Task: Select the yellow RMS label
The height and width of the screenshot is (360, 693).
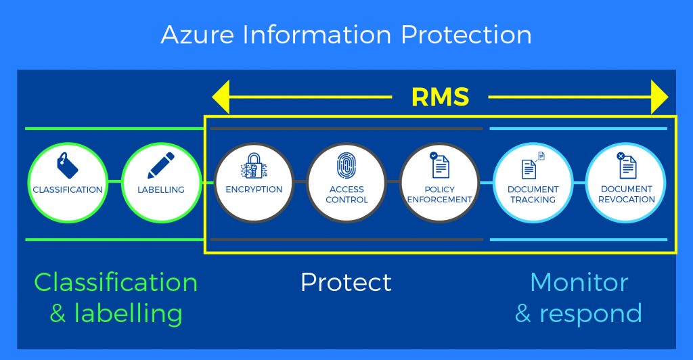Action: tap(440, 97)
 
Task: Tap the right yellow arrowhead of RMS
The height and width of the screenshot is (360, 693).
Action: tap(658, 97)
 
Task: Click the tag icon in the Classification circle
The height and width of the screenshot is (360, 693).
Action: tap(67, 164)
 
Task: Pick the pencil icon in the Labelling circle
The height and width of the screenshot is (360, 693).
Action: tap(161, 164)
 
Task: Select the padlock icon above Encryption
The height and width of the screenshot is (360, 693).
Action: tap(253, 165)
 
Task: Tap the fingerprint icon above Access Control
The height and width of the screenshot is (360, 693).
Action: tap(346, 165)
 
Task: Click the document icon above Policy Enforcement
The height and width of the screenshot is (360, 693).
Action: tap(439, 164)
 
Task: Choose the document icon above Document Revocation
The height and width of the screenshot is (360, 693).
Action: tap(626, 165)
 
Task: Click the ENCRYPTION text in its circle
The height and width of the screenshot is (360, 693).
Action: tap(254, 189)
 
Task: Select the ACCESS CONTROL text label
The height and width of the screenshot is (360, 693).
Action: tap(346, 194)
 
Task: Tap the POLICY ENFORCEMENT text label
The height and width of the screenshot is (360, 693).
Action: tap(440, 194)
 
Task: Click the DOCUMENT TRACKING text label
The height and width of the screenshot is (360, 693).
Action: tap(533, 194)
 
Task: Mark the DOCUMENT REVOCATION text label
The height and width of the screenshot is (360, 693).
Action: tap(627, 194)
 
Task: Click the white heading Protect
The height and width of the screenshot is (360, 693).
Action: tap(346, 282)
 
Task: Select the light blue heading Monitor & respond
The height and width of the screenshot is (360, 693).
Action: tap(579, 297)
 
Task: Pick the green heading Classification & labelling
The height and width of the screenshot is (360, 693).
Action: tap(116, 297)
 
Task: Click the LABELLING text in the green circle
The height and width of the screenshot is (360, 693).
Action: tap(161, 190)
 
